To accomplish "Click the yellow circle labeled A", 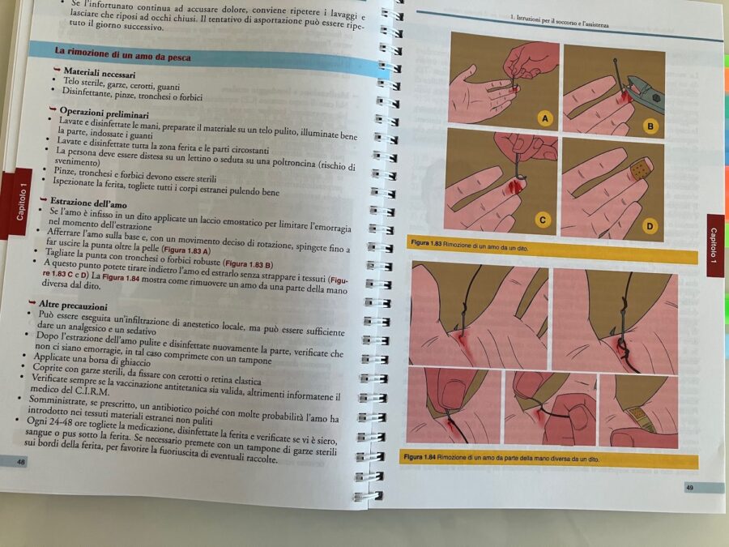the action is click(x=545, y=118).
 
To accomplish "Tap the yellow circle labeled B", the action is click(x=650, y=126).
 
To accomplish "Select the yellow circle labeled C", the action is click(x=542, y=220).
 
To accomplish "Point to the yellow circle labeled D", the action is click(x=649, y=227).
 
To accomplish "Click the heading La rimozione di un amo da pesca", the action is click(x=123, y=54).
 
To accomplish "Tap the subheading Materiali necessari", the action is click(x=100, y=73).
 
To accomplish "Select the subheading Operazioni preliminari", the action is click(x=104, y=113).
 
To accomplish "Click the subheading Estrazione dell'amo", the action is click(x=88, y=203).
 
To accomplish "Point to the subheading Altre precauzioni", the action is click(x=73, y=306).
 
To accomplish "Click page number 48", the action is click(x=21, y=462).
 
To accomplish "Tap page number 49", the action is click(x=690, y=488).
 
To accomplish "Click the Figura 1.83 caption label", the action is click(x=426, y=243).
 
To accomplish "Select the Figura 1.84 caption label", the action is click(x=420, y=457).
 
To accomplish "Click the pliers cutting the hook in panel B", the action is click(x=646, y=92).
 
